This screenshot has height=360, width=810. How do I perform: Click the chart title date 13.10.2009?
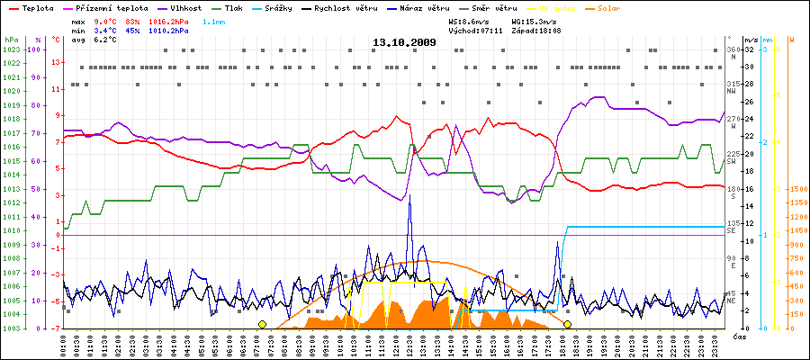pos(404,42)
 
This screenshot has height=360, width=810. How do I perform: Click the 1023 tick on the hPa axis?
pos(11,49)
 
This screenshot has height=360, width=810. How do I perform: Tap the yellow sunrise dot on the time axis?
pos(262,324)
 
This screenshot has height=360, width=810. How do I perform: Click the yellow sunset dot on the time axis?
pos(567,324)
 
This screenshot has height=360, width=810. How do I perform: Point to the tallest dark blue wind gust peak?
pos(409,195)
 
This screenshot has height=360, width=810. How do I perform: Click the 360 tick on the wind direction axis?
pos(733,49)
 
